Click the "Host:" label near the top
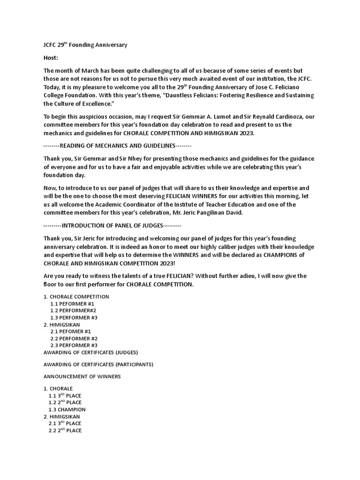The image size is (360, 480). pos(51,58)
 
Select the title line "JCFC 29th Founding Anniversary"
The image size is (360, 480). pos(85,45)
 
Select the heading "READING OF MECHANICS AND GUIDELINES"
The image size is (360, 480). pos(118,146)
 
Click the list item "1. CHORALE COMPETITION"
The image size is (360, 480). pos(76,297)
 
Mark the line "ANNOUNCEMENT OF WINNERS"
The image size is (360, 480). pos(82,376)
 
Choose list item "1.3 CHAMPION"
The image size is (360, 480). pos(67,409)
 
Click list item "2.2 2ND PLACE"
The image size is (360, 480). pos(65,430)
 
